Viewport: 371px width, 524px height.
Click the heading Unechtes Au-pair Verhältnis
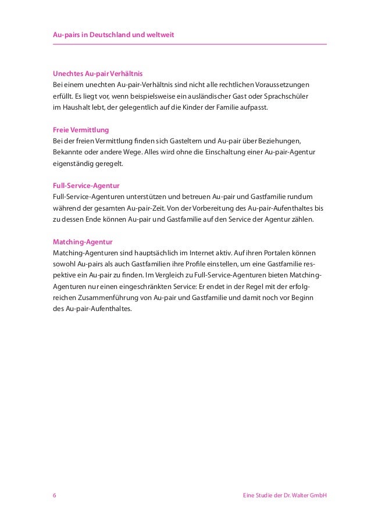pos(97,74)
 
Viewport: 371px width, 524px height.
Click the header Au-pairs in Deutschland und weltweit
pos(113,36)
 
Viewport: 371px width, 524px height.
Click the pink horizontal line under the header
pos(190,45)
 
